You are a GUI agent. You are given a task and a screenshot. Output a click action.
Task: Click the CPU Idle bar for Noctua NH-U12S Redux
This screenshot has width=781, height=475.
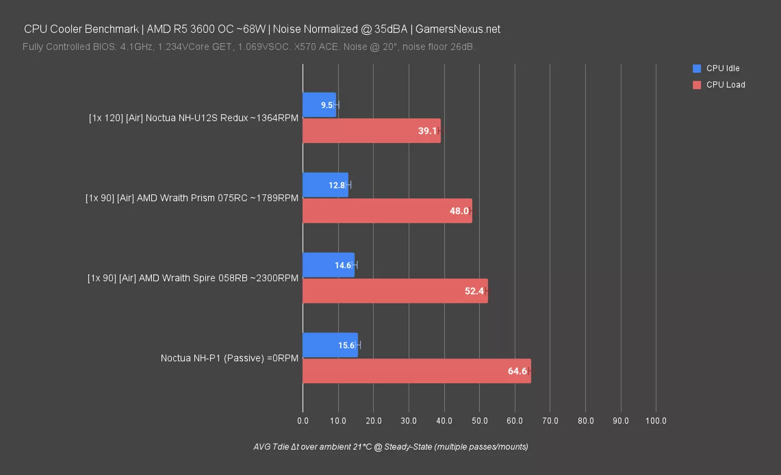pyautogui.click(x=319, y=105)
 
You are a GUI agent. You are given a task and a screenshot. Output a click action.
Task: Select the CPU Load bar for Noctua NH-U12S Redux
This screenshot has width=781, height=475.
pyautogui.click(x=371, y=131)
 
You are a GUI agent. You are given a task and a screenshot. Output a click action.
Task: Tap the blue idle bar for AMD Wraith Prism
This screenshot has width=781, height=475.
pyautogui.click(x=325, y=185)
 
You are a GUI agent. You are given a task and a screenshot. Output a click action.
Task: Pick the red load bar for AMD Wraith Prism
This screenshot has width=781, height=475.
pyautogui.click(x=387, y=211)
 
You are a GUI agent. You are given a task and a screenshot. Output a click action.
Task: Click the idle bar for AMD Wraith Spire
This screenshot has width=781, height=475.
pyautogui.click(x=328, y=265)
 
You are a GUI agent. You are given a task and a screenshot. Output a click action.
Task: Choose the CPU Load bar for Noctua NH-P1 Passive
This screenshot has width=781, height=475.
pyautogui.click(x=416, y=371)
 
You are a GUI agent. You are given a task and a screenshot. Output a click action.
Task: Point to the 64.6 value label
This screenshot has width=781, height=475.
pyautogui.click(x=517, y=371)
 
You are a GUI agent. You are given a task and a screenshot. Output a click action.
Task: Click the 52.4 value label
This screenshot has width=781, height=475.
pyautogui.click(x=474, y=291)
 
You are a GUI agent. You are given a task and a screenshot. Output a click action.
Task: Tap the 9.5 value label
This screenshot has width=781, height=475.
pyautogui.click(x=327, y=105)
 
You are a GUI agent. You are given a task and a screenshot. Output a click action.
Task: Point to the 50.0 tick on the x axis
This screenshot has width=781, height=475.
pyautogui.click(x=480, y=421)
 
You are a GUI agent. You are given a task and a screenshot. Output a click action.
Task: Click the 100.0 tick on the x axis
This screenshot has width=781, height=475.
pyautogui.click(x=656, y=421)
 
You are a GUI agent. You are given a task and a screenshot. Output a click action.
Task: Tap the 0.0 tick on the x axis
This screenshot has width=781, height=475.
pyautogui.click(x=303, y=421)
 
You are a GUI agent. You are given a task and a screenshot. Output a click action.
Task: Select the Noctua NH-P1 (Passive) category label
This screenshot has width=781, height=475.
pyautogui.click(x=230, y=358)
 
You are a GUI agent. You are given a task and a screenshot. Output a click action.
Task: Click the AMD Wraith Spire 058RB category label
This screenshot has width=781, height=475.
pyautogui.click(x=193, y=278)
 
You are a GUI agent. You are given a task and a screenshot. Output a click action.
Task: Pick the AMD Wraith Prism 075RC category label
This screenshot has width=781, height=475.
pyautogui.click(x=192, y=198)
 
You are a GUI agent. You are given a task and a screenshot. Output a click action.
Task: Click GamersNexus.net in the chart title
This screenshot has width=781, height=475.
pyautogui.click(x=458, y=29)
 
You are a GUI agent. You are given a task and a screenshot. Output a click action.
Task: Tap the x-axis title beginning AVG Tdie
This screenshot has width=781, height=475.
pyautogui.click(x=390, y=446)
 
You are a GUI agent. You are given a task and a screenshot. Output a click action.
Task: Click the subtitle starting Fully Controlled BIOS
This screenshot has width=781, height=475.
pyautogui.click(x=249, y=46)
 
